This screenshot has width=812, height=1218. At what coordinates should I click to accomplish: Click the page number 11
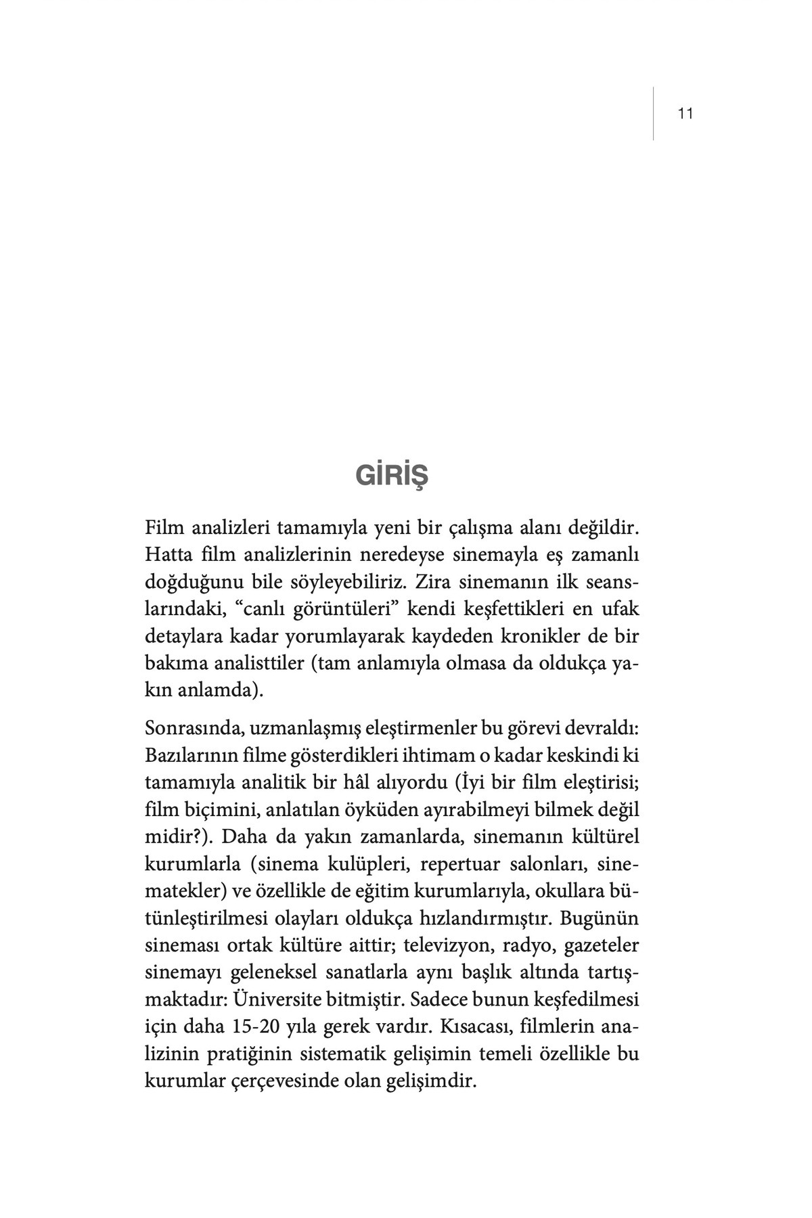[685, 114]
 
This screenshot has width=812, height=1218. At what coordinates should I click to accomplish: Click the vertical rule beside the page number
[654, 114]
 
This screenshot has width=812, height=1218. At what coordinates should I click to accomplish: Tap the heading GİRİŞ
[392, 475]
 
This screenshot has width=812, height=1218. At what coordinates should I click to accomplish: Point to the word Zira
[433, 582]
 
